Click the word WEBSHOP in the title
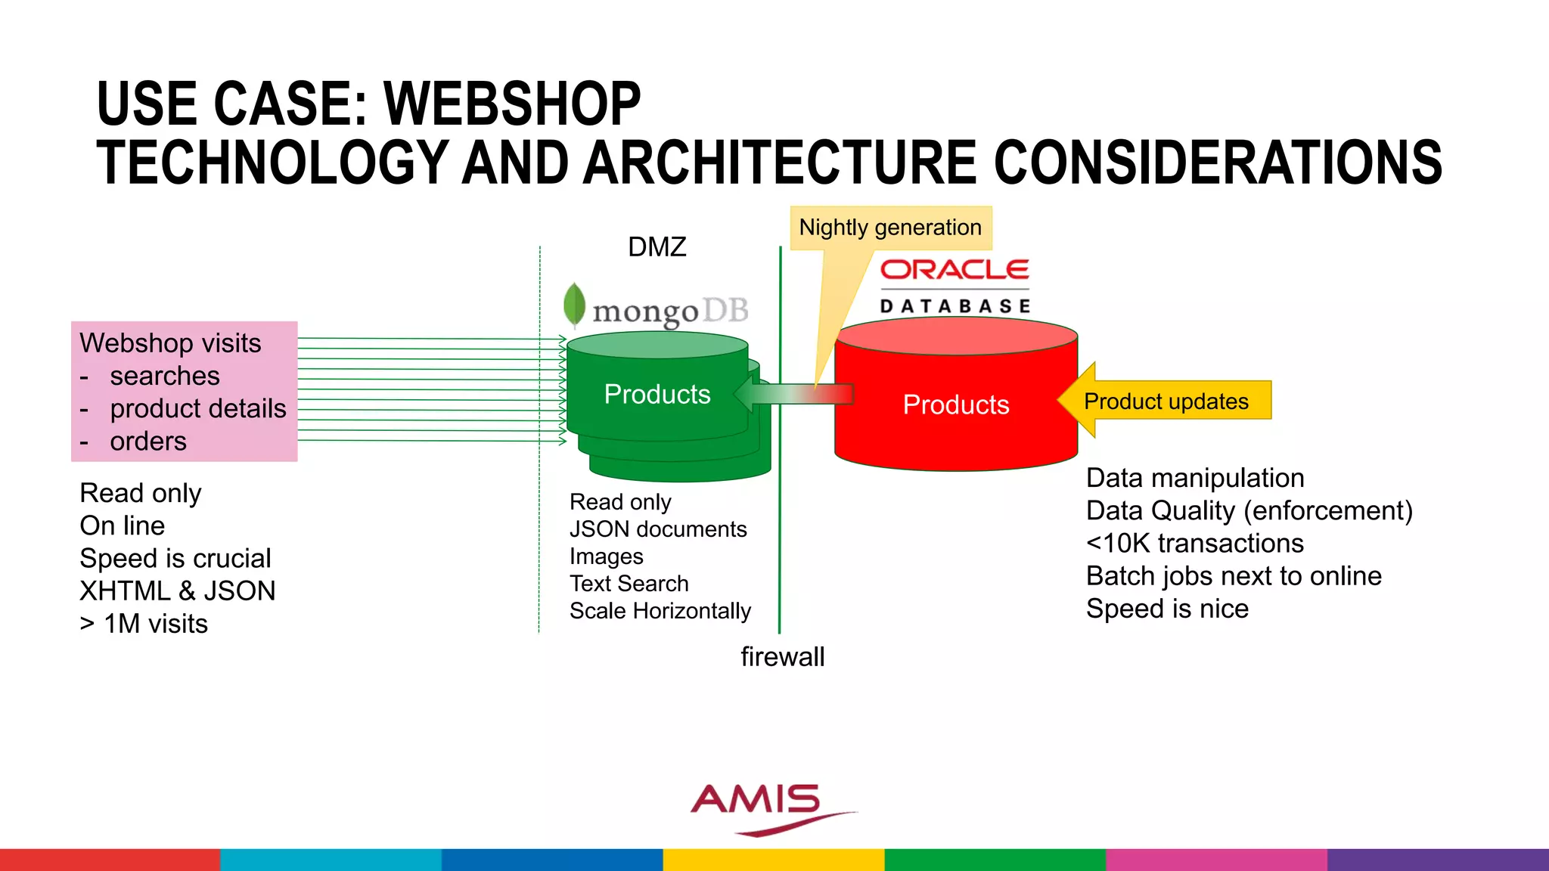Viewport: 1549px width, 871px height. [512, 104]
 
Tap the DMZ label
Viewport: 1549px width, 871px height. [657, 247]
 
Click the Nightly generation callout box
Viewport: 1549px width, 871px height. [890, 228]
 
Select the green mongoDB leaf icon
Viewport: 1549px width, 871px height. [575, 305]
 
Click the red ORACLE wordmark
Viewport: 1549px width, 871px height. [955, 270]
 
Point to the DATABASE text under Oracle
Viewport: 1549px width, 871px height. [955, 306]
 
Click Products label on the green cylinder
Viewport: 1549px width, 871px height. [657, 394]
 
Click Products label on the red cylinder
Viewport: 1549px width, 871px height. [955, 405]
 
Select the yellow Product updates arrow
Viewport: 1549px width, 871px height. [1165, 401]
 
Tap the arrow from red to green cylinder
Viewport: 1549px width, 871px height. [794, 394]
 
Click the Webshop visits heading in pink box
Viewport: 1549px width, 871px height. [170, 343]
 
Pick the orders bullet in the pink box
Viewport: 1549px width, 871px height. [147, 442]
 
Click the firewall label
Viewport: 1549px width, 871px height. [782, 657]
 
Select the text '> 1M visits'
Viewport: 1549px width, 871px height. [144, 624]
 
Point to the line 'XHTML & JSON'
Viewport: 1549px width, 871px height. [178, 590]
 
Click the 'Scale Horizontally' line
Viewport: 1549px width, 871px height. [660, 611]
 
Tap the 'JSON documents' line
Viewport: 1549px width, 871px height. [657, 529]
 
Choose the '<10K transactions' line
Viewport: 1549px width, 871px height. [1194, 544]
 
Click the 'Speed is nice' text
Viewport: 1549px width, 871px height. [1166, 609]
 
